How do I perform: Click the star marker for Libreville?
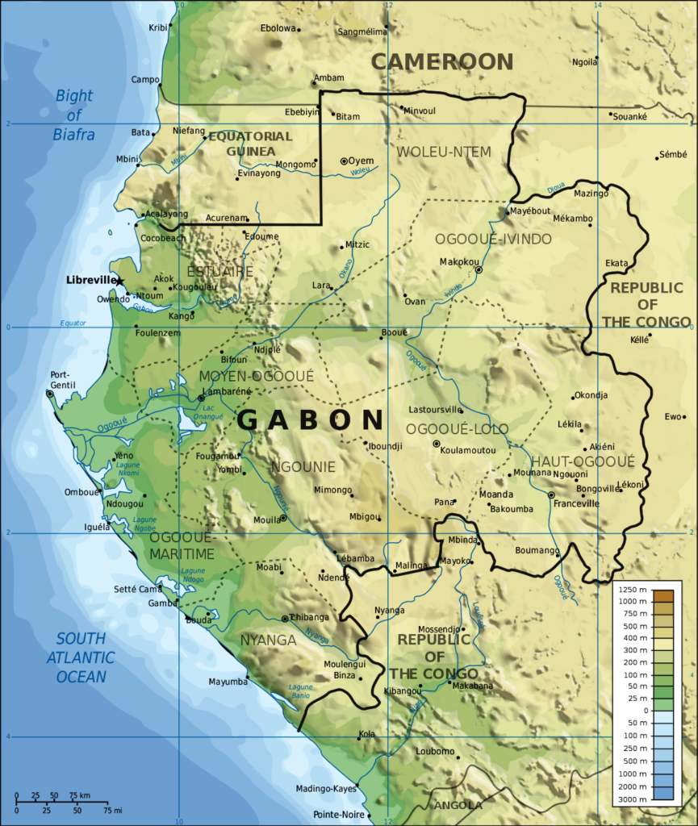(x=120, y=281)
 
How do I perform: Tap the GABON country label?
(x=310, y=420)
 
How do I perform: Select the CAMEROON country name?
(x=441, y=61)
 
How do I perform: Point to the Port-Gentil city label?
(x=62, y=380)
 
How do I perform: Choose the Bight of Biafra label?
(x=74, y=115)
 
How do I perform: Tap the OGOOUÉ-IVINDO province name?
(x=493, y=239)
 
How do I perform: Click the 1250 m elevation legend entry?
(x=633, y=590)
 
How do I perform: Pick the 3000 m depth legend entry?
(x=633, y=798)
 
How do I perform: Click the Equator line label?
(x=73, y=323)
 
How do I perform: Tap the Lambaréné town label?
(x=228, y=391)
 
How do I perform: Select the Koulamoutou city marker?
(x=437, y=444)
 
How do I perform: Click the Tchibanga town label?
(x=310, y=617)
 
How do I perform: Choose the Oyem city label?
(x=361, y=161)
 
